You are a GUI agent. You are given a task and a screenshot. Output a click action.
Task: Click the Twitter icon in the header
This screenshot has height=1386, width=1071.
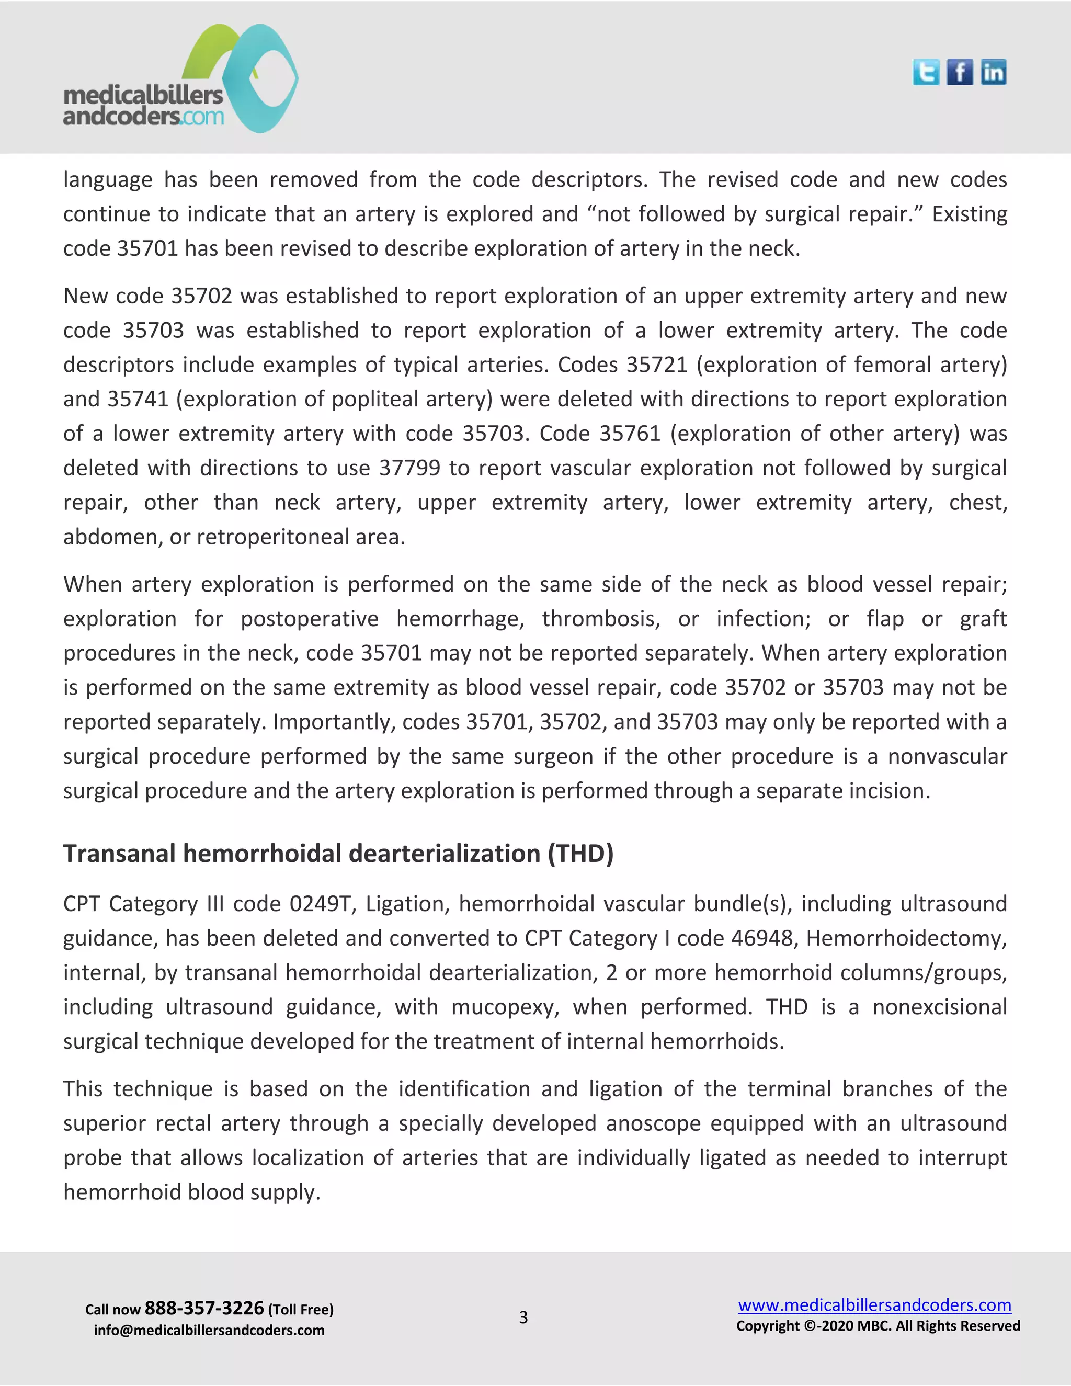point(926,72)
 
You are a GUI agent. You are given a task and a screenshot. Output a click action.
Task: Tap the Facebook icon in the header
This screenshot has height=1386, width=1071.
point(959,72)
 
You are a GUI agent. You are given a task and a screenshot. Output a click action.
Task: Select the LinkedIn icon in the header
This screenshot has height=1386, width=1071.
point(993,72)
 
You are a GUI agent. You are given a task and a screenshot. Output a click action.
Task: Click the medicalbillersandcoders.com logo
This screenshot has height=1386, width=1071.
point(181,79)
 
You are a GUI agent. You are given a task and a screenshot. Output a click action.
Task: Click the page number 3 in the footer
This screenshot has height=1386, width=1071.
point(523,1317)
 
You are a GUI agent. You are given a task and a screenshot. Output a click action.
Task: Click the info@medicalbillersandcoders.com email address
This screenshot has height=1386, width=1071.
point(209,1330)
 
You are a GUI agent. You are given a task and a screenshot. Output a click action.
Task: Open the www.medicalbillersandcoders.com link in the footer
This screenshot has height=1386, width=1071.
point(874,1305)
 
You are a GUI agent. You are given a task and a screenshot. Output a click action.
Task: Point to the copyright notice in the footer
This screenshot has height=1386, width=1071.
point(878,1326)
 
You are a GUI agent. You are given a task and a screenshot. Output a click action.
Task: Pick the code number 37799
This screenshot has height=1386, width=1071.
point(409,468)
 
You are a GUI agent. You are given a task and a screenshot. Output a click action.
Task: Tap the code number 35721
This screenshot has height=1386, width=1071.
point(657,365)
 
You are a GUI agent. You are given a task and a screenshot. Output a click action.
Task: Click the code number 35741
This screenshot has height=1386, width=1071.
point(138,399)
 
